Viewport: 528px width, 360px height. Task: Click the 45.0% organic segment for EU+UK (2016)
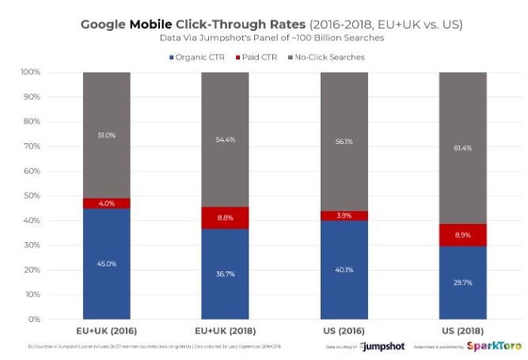coord(107,263)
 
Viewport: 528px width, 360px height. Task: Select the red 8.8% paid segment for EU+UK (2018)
coord(226,218)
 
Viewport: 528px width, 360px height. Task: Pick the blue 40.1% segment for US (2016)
coord(344,270)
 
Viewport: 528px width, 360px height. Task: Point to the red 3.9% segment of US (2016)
coord(344,216)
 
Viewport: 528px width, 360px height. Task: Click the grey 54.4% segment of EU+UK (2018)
coord(226,140)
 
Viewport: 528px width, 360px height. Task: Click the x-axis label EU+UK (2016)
coord(107,332)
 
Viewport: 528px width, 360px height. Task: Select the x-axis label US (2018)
coord(463,332)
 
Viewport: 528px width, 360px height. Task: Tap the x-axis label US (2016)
coord(344,332)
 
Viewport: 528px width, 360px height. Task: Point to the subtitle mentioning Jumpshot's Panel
coord(264,37)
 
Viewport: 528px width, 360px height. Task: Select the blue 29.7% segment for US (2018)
coord(463,282)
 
